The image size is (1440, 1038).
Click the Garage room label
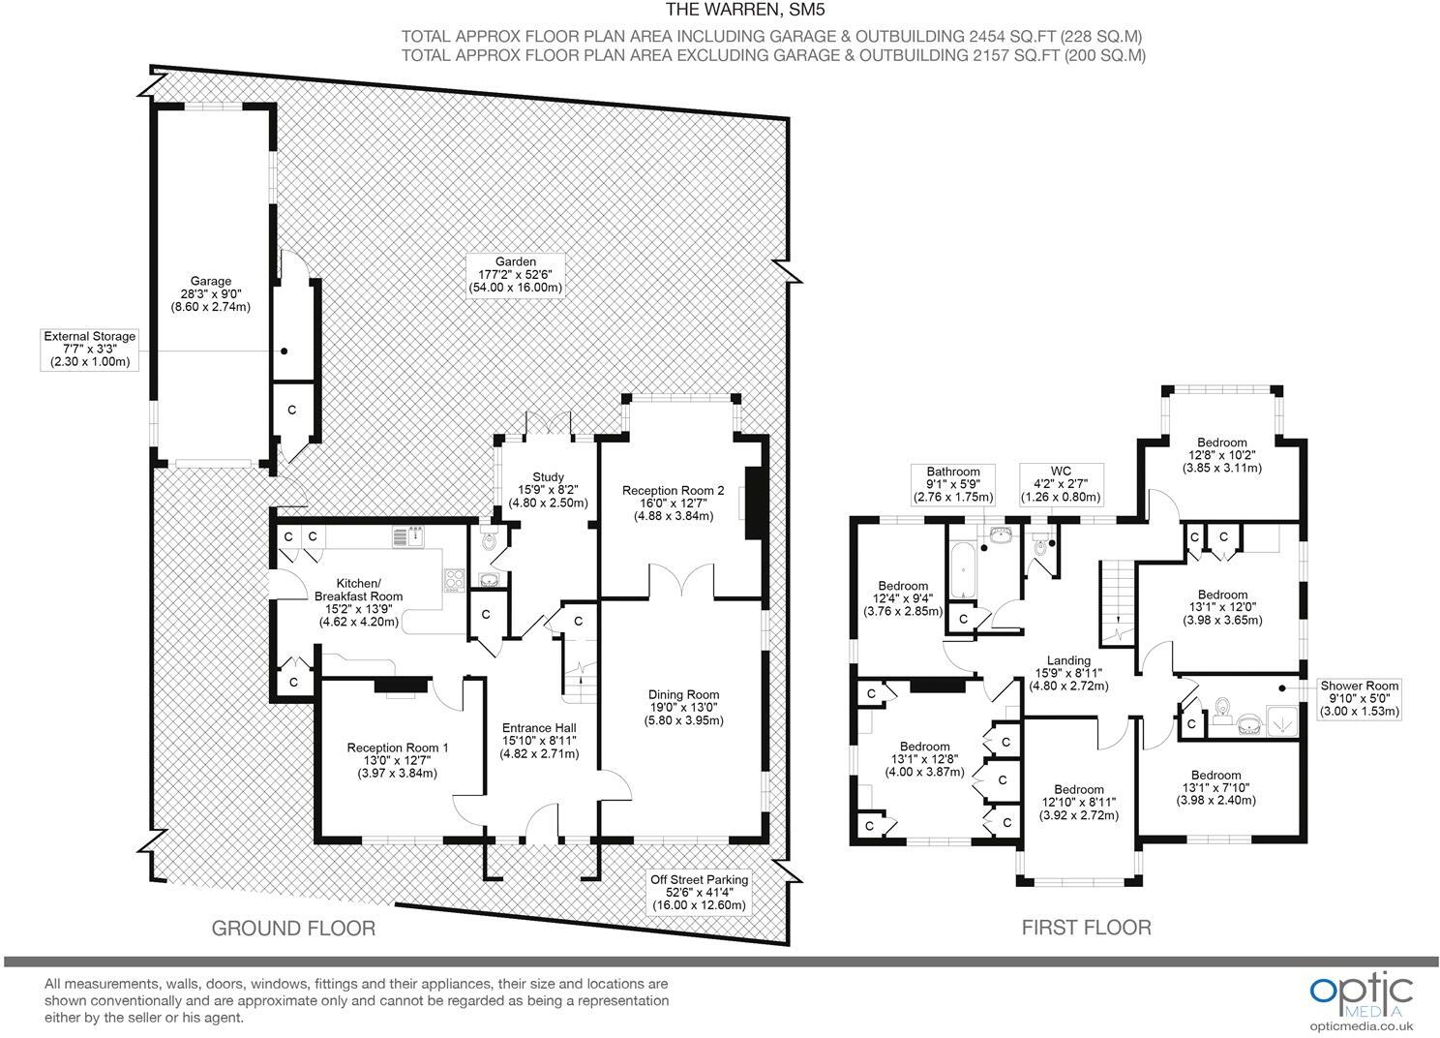coord(210,294)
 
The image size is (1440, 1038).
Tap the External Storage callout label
coord(90,349)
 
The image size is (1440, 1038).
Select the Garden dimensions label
coord(516,275)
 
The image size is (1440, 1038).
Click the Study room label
coord(548,490)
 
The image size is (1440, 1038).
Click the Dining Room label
coord(683,708)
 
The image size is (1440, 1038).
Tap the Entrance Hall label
coord(539,741)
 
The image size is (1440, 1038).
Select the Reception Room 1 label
coord(398,760)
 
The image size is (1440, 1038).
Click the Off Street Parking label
coord(698,892)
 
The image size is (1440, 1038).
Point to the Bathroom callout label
coord(953,484)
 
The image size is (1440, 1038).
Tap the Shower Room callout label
coord(1360,698)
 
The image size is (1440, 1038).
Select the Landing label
coord(1068,673)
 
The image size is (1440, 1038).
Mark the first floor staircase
coord(1117,604)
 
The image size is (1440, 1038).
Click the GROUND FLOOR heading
coord(293,929)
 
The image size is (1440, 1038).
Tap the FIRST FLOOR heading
coord(1086,928)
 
